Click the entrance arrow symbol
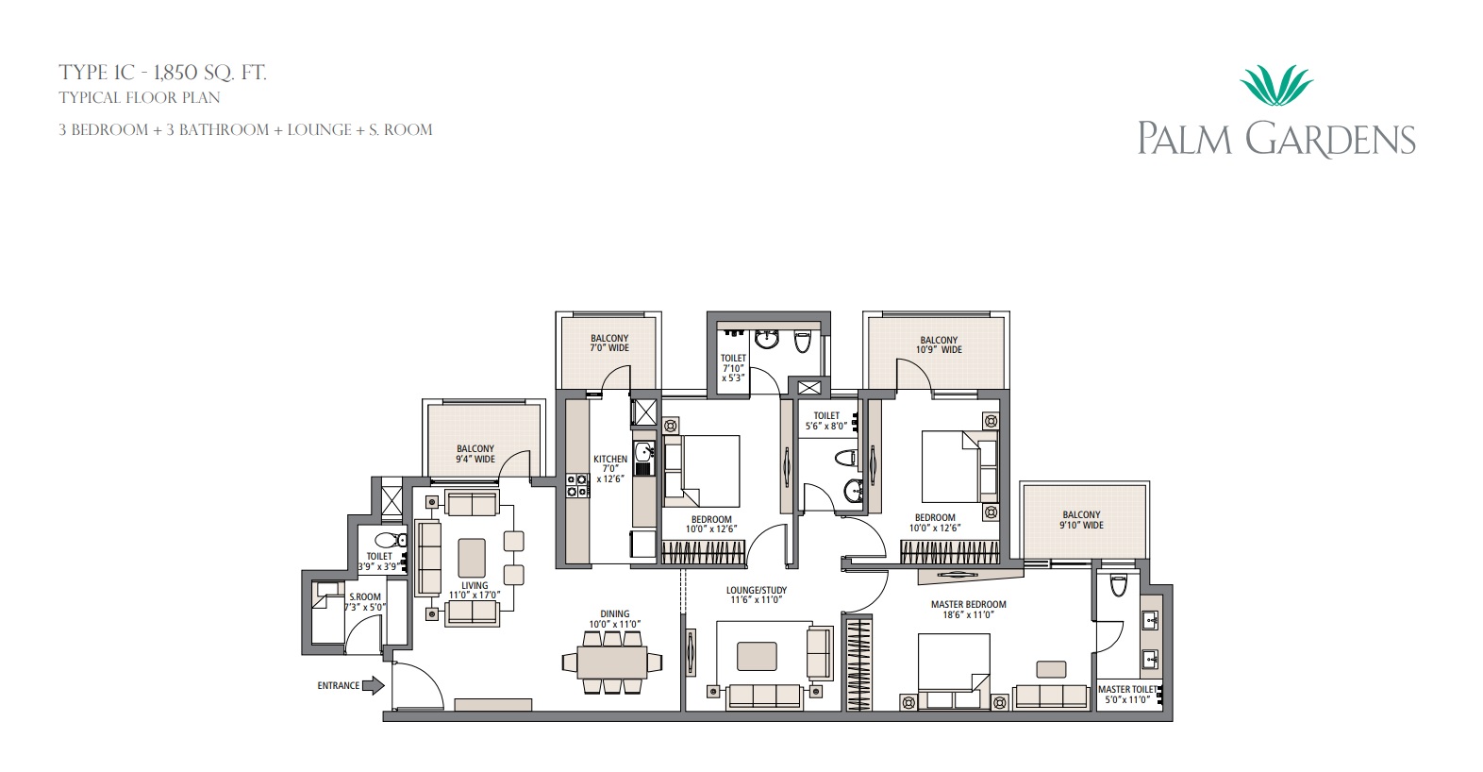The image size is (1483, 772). pos(374,685)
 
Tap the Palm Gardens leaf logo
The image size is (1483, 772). pos(1276,86)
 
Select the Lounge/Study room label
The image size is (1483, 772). pos(756,590)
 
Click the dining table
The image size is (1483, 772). pos(611,663)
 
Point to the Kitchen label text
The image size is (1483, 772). pos(609,459)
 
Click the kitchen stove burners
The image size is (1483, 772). pos(576,485)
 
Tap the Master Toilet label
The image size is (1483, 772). pos(1126,689)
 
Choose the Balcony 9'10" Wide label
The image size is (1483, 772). pos(1081,520)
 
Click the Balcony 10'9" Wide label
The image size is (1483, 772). pos(939,344)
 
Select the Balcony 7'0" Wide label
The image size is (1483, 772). pos(609,343)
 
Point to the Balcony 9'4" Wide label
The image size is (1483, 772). pos(475,454)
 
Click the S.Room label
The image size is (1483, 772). pos(365,596)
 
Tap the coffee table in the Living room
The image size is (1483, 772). pos(472,557)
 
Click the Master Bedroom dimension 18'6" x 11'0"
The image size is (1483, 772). pos(969,614)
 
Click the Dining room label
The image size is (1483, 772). pos(614,613)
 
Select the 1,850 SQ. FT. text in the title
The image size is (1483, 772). pos(209,72)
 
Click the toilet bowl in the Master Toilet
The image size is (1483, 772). pos(1118,584)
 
